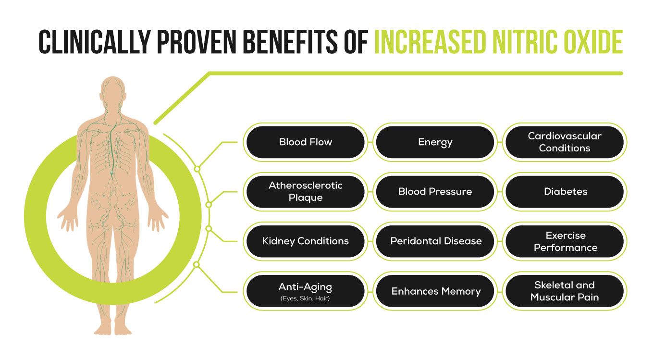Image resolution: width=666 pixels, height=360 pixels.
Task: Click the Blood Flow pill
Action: coord(305,142)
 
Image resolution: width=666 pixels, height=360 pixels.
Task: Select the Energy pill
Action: coord(435,142)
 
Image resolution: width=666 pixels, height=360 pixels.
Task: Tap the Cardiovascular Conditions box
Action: coord(565,142)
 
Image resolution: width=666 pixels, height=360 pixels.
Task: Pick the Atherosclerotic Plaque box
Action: coord(305,192)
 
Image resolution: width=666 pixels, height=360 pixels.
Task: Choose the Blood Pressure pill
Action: coord(435,192)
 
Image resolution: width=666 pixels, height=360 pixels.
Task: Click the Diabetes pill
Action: coord(565,192)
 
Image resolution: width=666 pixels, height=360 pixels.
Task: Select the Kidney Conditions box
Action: coord(305,241)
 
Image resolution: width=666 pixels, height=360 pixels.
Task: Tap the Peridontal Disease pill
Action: coord(435,241)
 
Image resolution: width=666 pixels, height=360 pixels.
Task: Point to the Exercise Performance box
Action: coord(565,241)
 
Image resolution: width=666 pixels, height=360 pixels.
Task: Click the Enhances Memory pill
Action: coord(435,291)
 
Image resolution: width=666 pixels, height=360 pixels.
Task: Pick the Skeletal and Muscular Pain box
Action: coord(565,291)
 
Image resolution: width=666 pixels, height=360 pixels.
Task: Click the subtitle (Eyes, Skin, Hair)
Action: coord(305,298)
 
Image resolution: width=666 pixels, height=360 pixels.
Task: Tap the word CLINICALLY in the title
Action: coord(95,42)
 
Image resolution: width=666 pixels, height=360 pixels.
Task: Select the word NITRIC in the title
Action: coord(524,42)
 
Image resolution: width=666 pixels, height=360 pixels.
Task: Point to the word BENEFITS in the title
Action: coord(290,42)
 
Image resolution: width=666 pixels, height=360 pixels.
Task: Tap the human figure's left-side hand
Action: coord(69,219)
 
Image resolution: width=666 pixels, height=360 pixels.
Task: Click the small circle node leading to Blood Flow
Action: coord(197,169)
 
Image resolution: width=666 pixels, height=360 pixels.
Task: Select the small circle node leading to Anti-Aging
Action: coord(197,264)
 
